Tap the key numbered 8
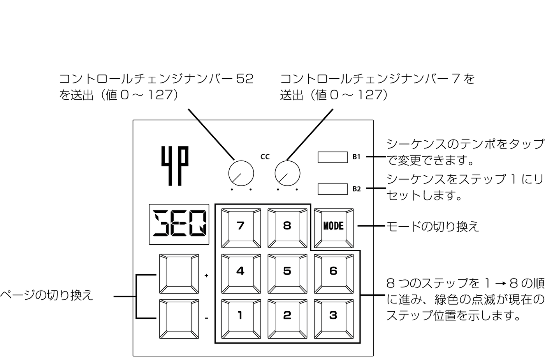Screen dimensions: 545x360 coord(287,228)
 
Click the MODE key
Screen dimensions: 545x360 coord(334,228)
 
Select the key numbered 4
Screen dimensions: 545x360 coord(241,274)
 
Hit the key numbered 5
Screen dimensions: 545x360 coord(287,274)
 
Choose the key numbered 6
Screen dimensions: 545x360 coord(334,274)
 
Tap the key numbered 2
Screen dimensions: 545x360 coord(287,319)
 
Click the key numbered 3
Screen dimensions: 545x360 coord(334,319)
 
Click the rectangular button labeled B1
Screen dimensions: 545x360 coord(332,157)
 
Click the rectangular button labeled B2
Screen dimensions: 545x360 coord(332,189)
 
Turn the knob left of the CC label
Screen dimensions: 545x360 coord(241,173)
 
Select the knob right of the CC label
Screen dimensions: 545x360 coord(287,173)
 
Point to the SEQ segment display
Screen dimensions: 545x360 coord(179,224)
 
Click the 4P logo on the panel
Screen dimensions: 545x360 coord(175,166)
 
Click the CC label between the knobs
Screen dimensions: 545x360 coord(265,157)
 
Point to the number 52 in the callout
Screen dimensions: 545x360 coord(245,79)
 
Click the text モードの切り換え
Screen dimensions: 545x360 coord(433,226)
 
